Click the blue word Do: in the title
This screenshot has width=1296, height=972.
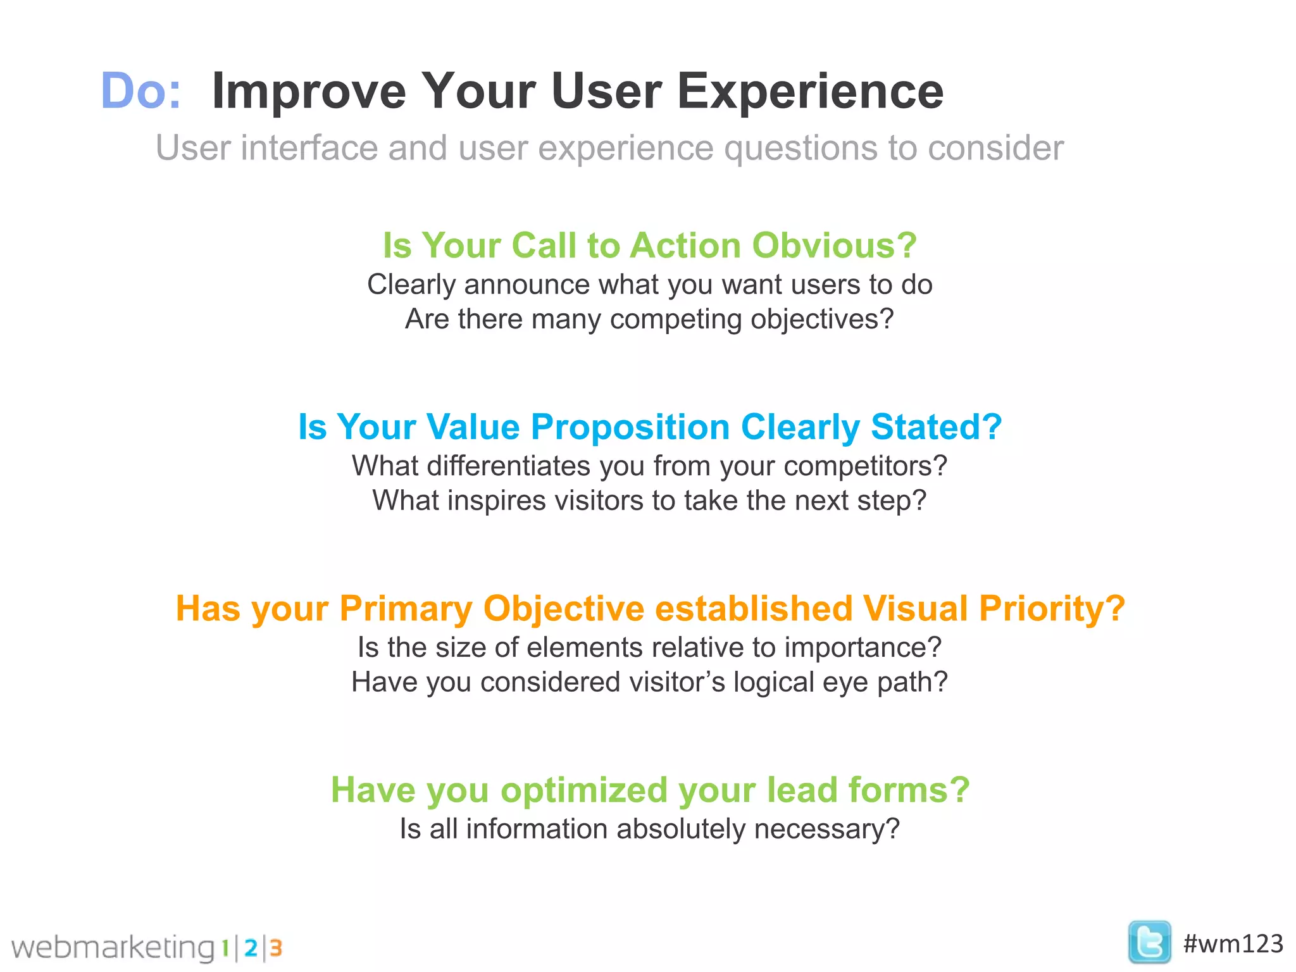pyautogui.click(x=140, y=91)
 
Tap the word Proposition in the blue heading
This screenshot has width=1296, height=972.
pyautogui.click(x=630, y=427)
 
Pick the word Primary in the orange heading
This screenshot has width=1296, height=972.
pyautogui.click(x=406, y=609)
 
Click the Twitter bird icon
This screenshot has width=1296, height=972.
pyautogui.click(x=1149, y=942)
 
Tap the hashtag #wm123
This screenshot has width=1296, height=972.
pyautogui.click(x=1233, y=944)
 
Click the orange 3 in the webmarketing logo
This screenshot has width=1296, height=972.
pyautogui.click(x=275, y=948)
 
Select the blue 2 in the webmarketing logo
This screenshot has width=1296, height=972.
pyautogui.click(x=251, y=948)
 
